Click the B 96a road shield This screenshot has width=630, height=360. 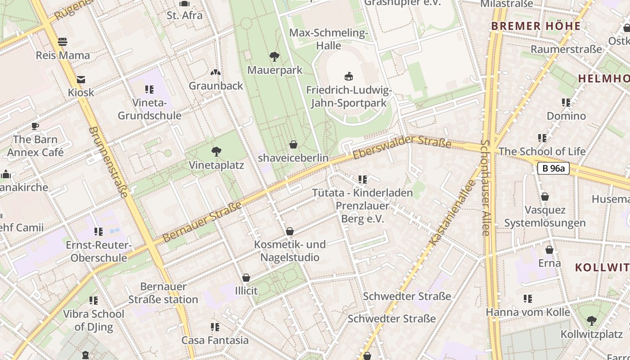coord(553,169)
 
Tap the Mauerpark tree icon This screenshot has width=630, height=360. coord(274,57)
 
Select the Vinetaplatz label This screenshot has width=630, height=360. coord(216,165)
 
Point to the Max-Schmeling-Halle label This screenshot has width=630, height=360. coord(328,39)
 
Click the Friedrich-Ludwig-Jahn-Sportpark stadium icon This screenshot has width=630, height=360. coord(348,76)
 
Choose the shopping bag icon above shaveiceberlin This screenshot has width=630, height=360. coord(293,144)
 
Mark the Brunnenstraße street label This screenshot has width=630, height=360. coord(108,162)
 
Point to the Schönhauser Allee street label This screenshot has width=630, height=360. coord(485,188)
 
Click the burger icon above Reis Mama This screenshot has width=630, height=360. coord(63,42)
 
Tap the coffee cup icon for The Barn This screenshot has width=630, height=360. coord(35,126)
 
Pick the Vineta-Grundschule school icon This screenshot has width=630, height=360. coord(149,89)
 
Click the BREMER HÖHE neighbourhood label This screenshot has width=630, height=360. coord(536,26)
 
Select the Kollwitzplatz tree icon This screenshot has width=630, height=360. coord(591,321)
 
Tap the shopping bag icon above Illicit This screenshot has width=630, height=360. coord(246,278)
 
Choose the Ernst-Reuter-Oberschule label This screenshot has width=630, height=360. coord(99,252)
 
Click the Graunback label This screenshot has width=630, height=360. coord(216,85)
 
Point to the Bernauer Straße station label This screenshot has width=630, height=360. coord(163,293)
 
